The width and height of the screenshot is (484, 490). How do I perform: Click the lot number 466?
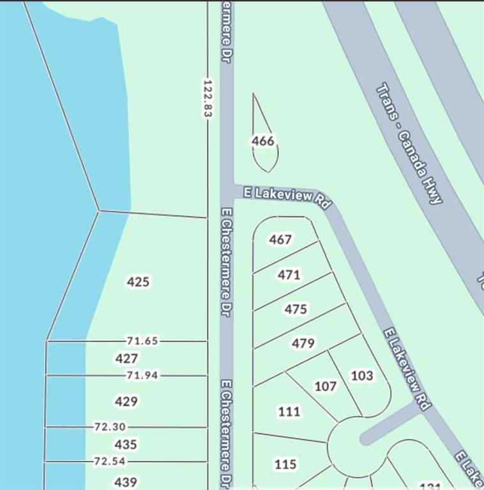263,141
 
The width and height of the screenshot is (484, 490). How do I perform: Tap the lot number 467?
280,240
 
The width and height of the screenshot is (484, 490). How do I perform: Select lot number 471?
289,275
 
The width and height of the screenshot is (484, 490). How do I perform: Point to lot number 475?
296,309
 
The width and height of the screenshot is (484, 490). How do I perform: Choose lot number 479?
303,343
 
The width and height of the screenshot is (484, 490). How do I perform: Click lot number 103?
362,375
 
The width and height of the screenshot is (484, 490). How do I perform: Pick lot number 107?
326,386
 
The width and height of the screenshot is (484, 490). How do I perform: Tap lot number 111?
289,412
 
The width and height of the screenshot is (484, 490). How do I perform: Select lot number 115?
285,464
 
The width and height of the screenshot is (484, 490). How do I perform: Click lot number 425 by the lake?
138,282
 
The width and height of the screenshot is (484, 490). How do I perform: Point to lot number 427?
126,359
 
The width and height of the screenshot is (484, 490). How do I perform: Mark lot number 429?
126,401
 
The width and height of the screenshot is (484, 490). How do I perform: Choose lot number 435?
126,444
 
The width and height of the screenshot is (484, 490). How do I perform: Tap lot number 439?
125,482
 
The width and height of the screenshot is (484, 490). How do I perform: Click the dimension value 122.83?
207,98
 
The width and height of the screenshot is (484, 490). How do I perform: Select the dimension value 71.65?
142,341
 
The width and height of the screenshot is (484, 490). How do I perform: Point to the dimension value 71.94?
142,375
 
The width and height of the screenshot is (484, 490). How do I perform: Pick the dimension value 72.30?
110,427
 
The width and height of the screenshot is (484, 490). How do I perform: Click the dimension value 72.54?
110,461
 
